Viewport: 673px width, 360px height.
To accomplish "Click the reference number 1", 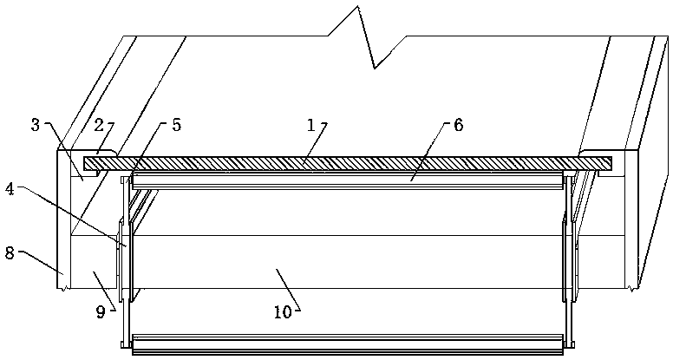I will point(311,125).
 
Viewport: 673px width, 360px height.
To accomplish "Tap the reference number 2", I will point(99,125).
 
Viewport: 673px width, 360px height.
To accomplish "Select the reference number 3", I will point(36,125).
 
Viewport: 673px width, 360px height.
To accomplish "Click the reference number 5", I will point(176,125).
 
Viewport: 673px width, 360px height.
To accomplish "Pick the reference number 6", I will point(459,125).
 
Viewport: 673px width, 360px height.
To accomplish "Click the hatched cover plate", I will point(347,162).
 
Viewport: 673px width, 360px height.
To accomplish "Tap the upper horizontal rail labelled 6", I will point(347,180).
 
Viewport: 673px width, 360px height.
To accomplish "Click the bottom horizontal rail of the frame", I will point(347,345).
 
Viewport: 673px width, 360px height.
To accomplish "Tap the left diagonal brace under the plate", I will point(139,204).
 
